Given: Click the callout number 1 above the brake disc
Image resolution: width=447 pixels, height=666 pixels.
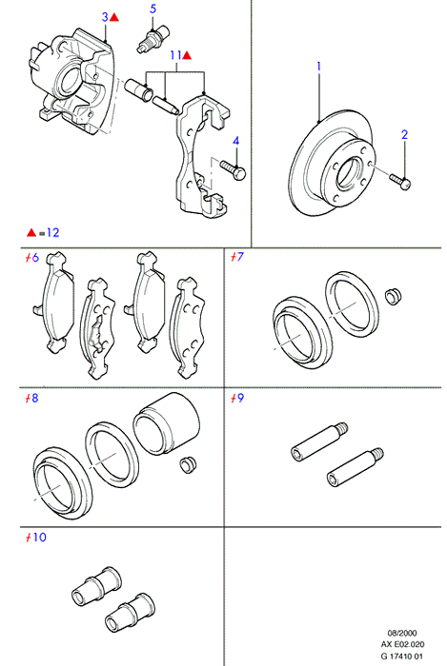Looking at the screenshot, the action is (318, 67).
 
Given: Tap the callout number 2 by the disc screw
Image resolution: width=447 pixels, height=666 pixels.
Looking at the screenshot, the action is (404, 135).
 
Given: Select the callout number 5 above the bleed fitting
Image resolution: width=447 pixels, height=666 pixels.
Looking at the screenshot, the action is (153, 9).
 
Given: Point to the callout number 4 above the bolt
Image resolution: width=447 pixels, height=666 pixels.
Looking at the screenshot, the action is (236, 141).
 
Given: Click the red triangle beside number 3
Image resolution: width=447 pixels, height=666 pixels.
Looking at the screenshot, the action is (114, 17).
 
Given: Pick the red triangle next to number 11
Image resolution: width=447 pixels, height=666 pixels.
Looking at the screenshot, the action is (187, 55).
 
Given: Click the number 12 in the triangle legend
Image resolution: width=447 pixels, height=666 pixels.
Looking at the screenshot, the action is (52, 232).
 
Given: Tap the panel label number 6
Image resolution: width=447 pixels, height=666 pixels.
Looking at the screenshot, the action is (35, 258).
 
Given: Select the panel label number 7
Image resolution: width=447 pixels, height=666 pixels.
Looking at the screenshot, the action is (240, 257).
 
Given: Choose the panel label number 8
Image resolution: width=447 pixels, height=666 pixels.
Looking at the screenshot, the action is (35, 398).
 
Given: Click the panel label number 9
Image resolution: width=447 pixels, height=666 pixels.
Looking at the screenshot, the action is (240, 398).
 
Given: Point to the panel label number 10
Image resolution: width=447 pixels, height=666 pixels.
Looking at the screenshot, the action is (40, 538).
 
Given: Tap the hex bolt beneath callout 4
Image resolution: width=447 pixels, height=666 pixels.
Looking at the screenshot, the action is (234, 169).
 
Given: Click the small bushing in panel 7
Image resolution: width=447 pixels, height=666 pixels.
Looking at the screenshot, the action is (394, 296).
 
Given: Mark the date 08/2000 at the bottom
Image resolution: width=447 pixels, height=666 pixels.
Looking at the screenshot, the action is (402, 633).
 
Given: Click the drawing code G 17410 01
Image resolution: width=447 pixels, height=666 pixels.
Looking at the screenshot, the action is (402, 656).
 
